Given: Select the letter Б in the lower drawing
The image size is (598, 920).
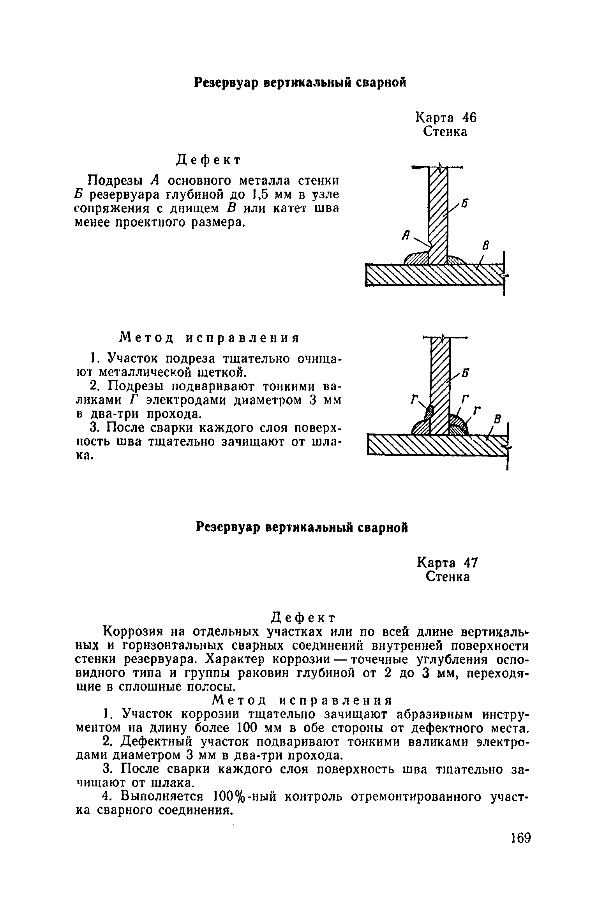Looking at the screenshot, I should (x=464, y=373).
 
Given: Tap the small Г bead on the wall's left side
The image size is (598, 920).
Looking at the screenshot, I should (x=429, y=412).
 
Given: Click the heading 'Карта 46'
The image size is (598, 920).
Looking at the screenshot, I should (x=446, y=117).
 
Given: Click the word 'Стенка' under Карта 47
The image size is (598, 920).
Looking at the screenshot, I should (x=448, y=577).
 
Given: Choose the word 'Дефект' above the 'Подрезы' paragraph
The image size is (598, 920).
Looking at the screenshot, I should (x=209, y=160).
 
